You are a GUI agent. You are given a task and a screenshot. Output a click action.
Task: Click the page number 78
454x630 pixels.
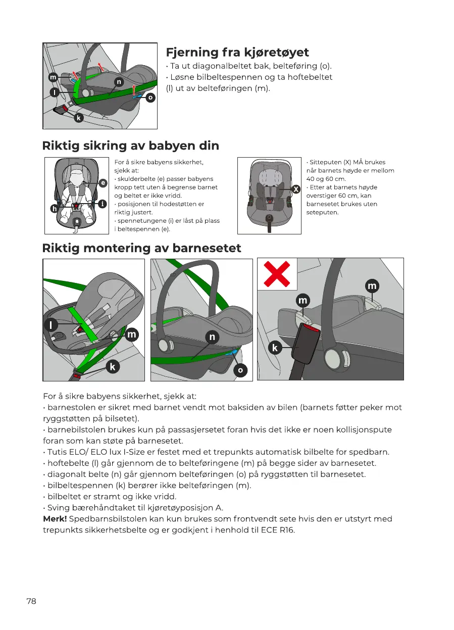coord(31,601)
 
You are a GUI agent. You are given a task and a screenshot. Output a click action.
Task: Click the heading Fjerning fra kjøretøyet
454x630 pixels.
coord(237,53)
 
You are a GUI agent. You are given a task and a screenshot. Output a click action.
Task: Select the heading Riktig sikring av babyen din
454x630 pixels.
coord(131,146)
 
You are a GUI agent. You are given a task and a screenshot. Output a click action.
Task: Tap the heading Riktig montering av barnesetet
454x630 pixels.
coord(142,248)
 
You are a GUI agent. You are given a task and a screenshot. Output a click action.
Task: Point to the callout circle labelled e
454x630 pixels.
coord(103,182)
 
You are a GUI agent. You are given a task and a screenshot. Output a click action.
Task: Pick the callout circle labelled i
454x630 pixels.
coord(103,204)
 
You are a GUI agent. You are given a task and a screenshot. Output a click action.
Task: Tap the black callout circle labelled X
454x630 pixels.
coord(296,189)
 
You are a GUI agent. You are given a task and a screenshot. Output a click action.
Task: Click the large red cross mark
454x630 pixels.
coord(277,273)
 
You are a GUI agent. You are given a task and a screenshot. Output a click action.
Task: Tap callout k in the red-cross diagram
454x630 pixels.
coord(275,348)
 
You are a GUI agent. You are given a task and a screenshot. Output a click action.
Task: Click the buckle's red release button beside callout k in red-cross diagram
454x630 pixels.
coord(310,328)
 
